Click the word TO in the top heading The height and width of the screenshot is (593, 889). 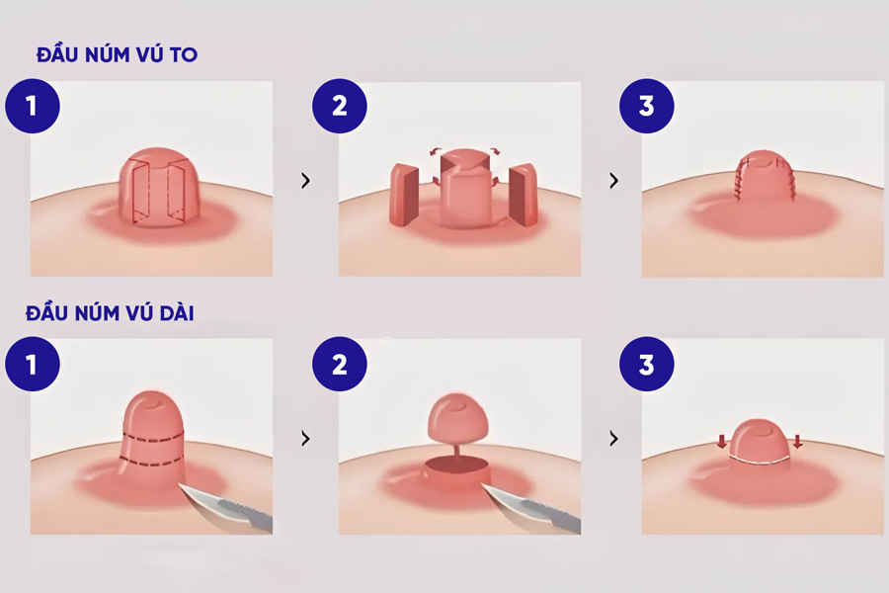pyautogui.click(x=184, y=55)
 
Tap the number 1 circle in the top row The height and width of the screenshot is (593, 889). pyautogui.click(x=33, y=106)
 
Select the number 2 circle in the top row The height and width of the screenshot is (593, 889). pyautogui.click(x=340, y=106)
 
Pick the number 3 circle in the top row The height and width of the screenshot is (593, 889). pyautogui.click(x=647, y=106)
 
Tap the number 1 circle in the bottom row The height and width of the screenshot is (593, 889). pyautogui.click(x=33, y=364)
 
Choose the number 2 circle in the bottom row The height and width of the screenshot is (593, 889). pyautogui.click(x=340, y=364)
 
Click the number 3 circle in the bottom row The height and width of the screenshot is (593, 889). pyautogui.click(x=647, y=364)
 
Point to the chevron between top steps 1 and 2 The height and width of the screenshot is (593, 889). pyautogui.click(x=306, y=181)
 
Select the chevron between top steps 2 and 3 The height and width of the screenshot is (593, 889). pyautogui.click(x=614, y=181)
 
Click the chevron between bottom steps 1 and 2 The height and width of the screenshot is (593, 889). pyautogui.click(x=306, y=439)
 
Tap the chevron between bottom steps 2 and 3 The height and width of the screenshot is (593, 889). pyautogui.click(x=614, y=439)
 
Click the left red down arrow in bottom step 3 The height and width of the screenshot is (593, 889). pyautogui.click(x=722, y=442)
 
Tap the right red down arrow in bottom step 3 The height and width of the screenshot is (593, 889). pyautogui.click(x=798, y=442)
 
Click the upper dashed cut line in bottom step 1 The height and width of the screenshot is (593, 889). pyautogui.click(x=153, y=438)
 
